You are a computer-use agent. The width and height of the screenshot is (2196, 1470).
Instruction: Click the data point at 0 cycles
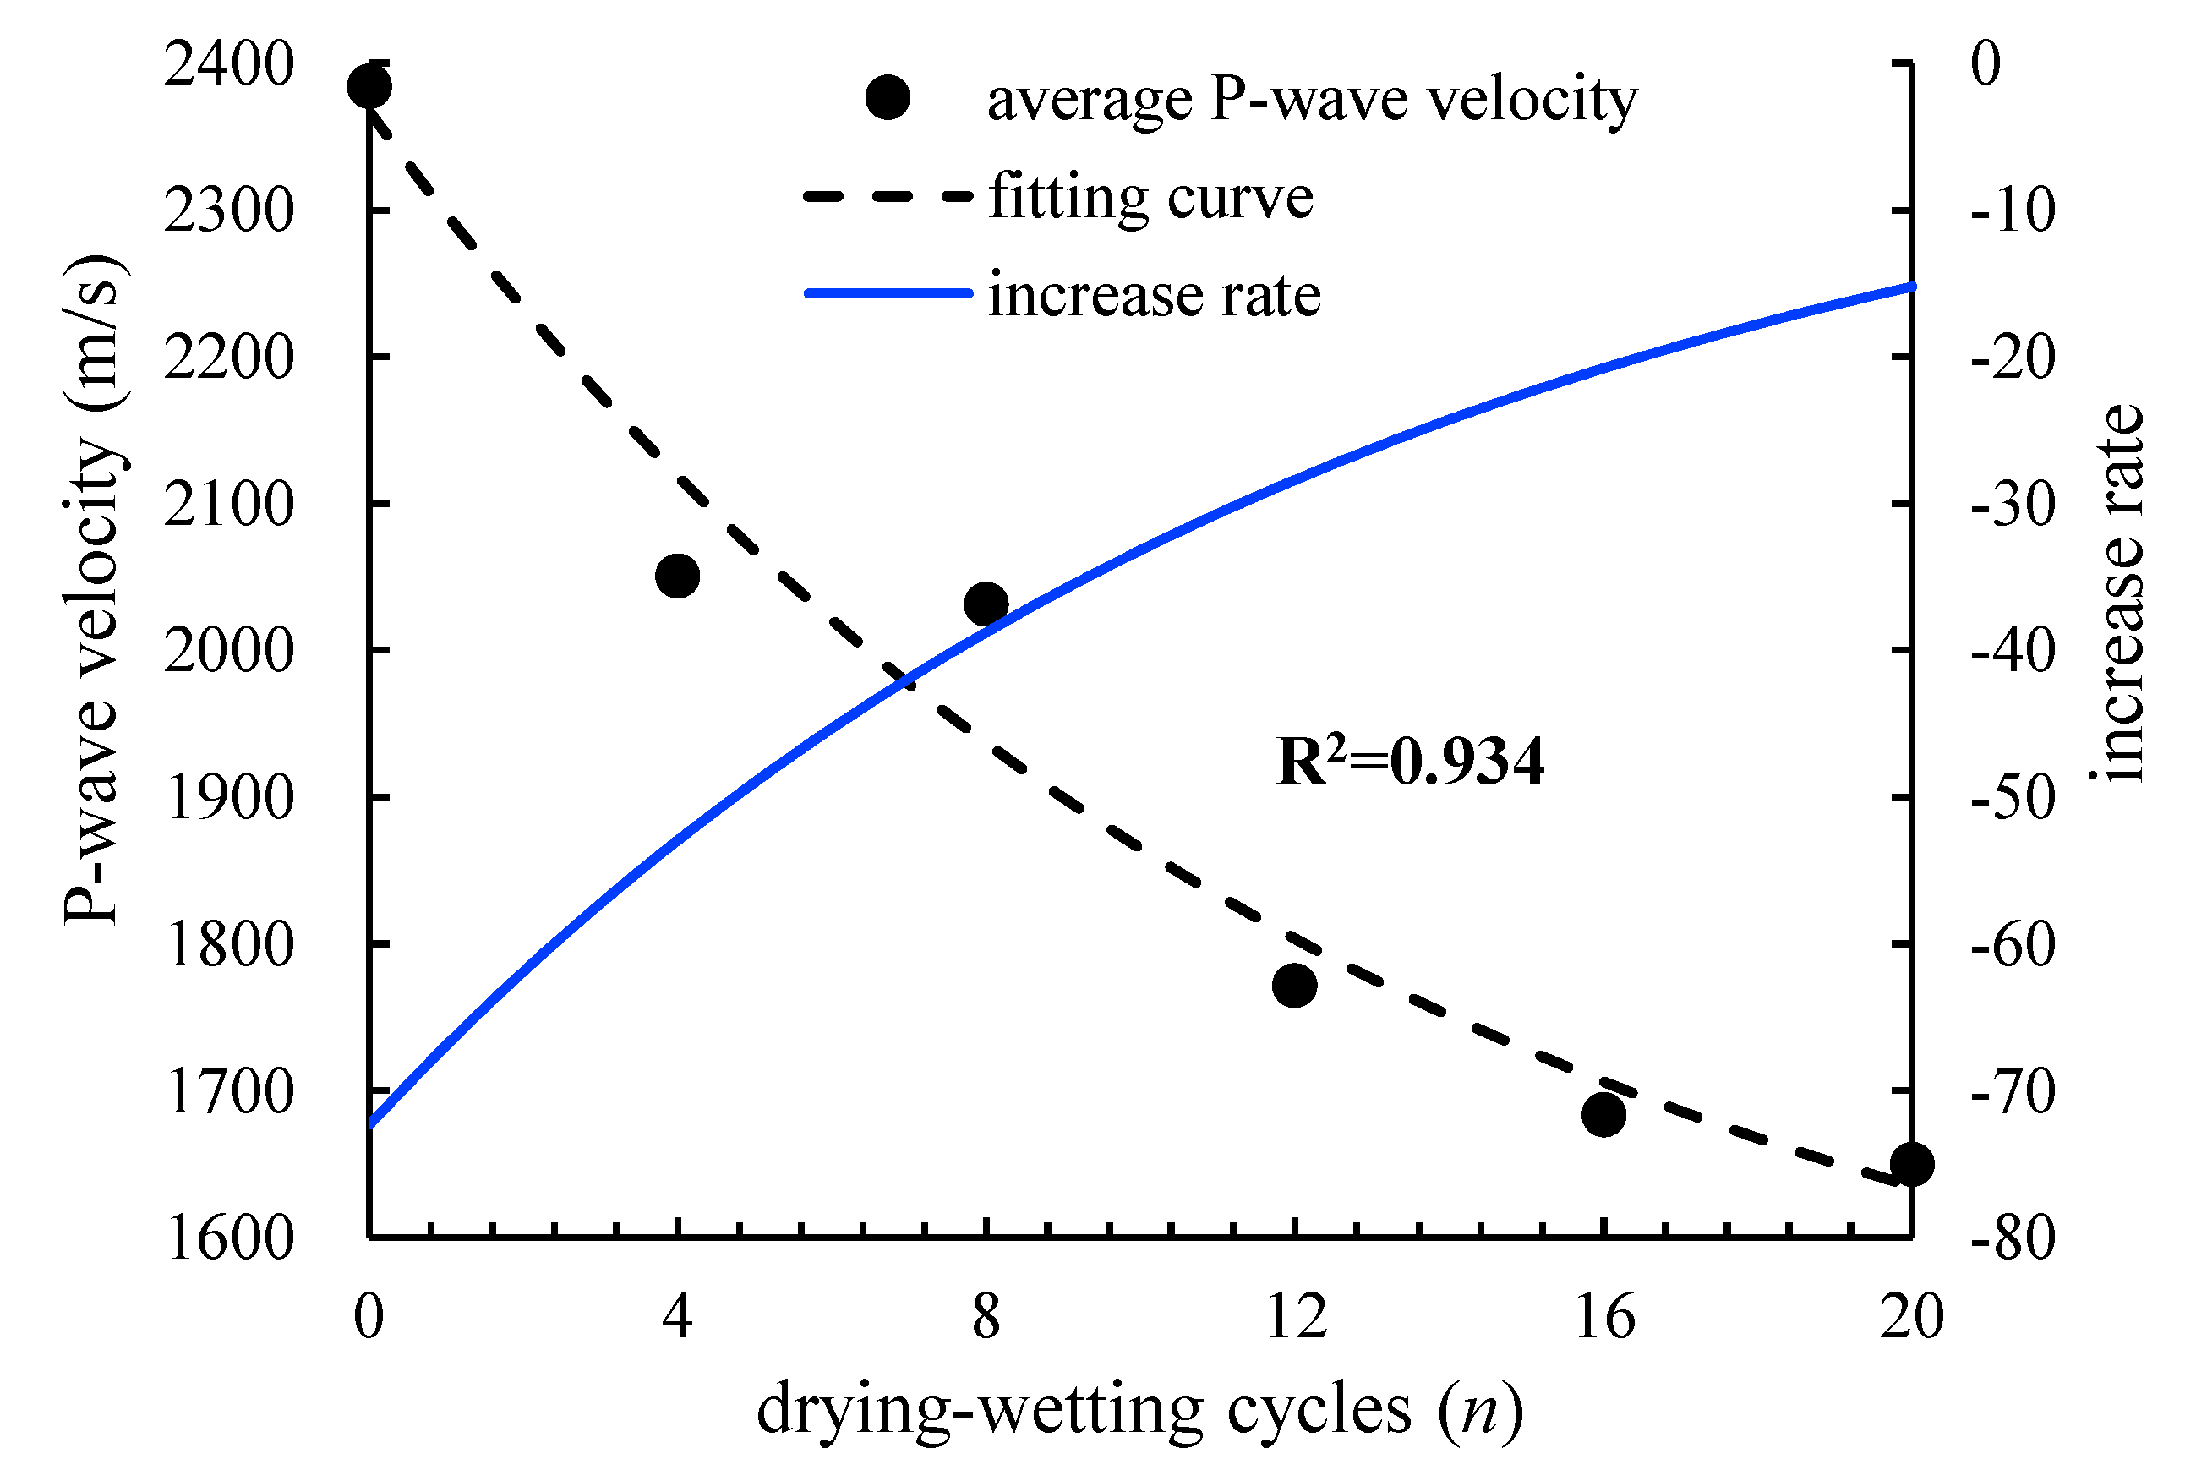pos(369,87)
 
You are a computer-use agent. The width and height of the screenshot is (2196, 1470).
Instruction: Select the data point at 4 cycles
pos(678,576)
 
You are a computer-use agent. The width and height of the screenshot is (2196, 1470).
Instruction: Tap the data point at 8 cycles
pos(986,604)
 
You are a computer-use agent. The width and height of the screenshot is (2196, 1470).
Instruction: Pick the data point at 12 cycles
pos(1294,986)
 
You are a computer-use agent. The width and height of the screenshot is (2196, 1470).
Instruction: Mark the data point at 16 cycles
pos(1603,1115)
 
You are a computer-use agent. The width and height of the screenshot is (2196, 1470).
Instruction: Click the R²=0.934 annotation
pos(1410,762)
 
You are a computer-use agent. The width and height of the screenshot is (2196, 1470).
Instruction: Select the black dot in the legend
pos(888,97)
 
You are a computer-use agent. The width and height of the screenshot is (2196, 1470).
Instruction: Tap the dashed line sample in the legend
pos(888,197)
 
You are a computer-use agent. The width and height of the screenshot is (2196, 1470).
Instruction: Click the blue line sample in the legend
pos(888,294)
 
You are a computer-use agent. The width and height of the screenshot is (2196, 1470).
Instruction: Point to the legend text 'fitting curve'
pos(1151,197)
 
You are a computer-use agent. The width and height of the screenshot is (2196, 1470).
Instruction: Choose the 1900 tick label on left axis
pos(229,799)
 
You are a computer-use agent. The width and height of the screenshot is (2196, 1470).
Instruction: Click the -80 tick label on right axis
pos(2013,1238)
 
